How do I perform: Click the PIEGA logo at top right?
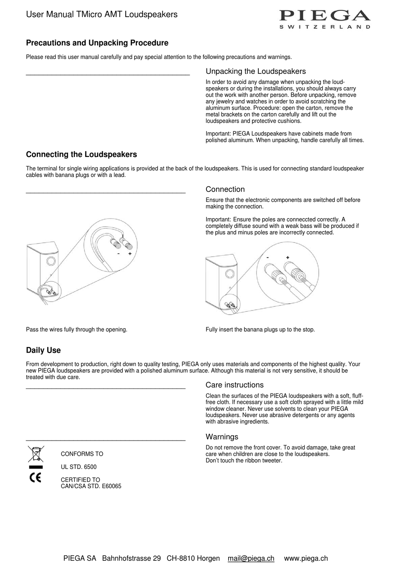click(x=325, y=18)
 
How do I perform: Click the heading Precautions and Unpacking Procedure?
click(x=97, y=43)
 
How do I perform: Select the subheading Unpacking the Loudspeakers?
click(x=255, y=71)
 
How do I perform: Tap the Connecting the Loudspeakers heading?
click(x=81, y=154)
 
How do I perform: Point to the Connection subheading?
click(x=225, y=189)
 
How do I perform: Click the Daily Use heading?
click(x=43, y=350)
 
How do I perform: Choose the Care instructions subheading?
click(x=234, y=385)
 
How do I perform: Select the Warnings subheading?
click(x=221, y=437)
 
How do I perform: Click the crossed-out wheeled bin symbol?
click(x=36, y=454)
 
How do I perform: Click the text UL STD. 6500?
click(x=79, y=467)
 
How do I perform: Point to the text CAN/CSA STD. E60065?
click(x=91, y=486)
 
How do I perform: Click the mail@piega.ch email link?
click(x=251, y=558)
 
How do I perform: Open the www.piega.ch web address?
click(x=305, y=558)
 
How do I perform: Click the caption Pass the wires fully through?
click(x=76, y=330)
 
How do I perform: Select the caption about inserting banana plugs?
click(x=260, y=330)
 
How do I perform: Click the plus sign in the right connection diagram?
click(x=288, y=257)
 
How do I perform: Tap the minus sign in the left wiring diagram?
click(x=119, y=253)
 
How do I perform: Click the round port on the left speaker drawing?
click(x=50, y=262)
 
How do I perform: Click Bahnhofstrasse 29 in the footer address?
click(x=131, y=558)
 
